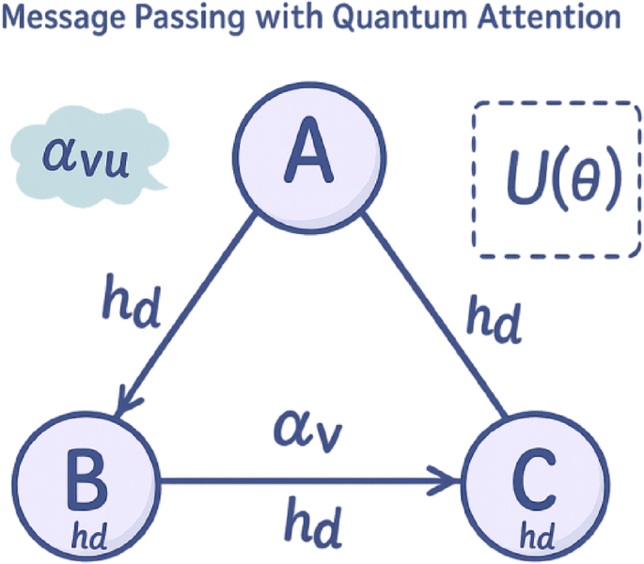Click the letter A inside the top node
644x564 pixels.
(x=310, y=155)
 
